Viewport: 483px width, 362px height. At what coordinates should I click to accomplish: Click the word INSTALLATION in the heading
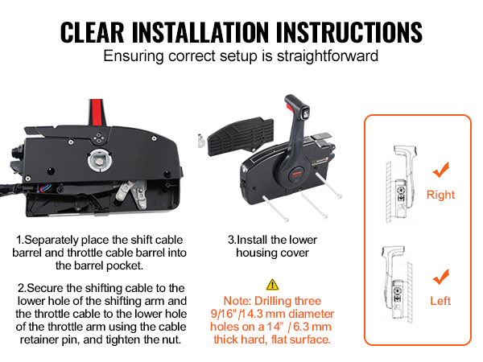point(200,32)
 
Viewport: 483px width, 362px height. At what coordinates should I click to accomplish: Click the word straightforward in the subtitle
point(328,56)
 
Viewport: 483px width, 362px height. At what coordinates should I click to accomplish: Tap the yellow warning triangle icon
point(272,285)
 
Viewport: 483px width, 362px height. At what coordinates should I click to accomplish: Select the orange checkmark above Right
point(441,170)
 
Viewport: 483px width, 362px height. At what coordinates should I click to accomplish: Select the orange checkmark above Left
point(441,277)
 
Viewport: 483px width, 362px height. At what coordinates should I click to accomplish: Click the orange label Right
point(440,195)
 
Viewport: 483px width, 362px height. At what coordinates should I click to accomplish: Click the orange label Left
point(440,301)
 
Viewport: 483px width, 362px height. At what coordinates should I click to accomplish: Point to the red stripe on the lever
point(97,112)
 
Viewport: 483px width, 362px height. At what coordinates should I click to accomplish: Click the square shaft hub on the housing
point(99,161)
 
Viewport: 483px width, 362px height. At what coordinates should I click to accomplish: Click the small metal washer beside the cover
point(201,140)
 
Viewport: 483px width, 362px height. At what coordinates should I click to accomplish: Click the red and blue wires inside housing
point(46,187)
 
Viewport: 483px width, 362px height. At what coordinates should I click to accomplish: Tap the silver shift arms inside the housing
point(132,194)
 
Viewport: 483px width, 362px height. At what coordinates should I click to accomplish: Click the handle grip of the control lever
point(295,107)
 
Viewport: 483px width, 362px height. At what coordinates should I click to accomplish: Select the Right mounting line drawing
point(401,184)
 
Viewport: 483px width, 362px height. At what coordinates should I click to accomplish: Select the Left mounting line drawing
point(398,284)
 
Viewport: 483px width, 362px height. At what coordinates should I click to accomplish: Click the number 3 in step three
point(231,240)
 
